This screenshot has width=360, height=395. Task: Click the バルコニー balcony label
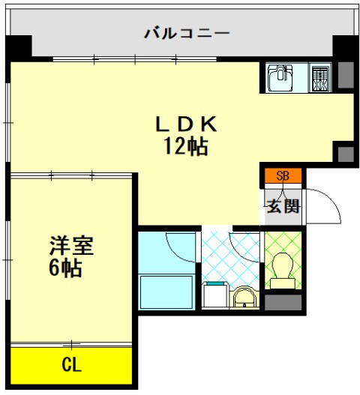coord(186,33)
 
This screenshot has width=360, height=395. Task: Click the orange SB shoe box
coord(283,177)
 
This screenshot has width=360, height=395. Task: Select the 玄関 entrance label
coord(283,205)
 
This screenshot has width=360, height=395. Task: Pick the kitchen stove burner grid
coord(320,77)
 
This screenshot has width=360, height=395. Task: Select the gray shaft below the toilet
coord(283,303)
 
